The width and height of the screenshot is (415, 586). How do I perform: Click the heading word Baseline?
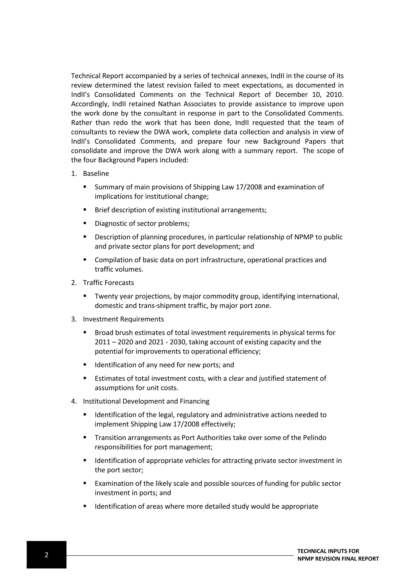pyautogui.click(x=96, y=174)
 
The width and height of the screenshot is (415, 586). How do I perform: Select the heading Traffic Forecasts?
pyautogui.click(x=108, y=283)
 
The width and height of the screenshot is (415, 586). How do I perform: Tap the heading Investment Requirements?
pyautogui.click(x=123, y=319)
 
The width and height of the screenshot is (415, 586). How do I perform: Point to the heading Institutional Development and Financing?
pyautogui.click(x=146, y=401)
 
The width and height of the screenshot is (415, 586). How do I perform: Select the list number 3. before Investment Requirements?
pyautogui.click(x=74, y=319)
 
